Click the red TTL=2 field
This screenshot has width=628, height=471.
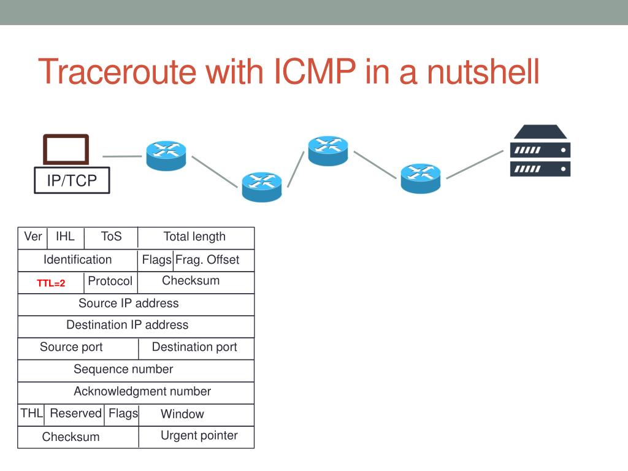(51, 283)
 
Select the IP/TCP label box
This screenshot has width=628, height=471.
(72, 180)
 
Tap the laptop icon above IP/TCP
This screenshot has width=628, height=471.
(66, 150)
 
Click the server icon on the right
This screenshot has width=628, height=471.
(540, 151)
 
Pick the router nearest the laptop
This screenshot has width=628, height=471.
(166, 155)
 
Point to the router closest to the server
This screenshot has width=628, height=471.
(421, 178)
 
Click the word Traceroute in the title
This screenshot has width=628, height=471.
(117, 72)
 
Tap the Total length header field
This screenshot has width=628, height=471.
(194, 237)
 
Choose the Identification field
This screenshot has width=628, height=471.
(77, 259)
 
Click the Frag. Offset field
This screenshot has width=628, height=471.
(207, 259)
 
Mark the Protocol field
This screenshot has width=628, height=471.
(110, 281)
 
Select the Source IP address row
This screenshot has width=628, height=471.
(129, 304)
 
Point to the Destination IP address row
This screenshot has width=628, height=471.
(128, 325)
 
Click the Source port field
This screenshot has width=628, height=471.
(71, 347)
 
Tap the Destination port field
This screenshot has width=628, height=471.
(194, 347)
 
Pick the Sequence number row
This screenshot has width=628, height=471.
(123, 369)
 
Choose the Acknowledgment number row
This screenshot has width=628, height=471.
(142, 391)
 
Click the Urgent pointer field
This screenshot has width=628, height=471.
(199, 436)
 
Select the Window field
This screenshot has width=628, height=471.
(182, 414)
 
